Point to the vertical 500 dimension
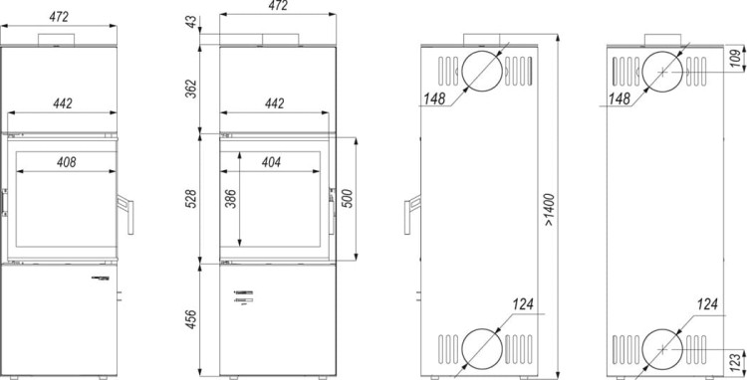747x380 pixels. (x=348, y=198)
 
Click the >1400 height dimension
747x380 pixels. (x=550, y=211)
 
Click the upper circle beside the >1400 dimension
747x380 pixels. (x=482, y=73)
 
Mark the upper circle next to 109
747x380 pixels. (x=661, y=73)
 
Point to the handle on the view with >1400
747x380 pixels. (x=408, y=217)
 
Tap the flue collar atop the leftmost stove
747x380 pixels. (x=57, y=40)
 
